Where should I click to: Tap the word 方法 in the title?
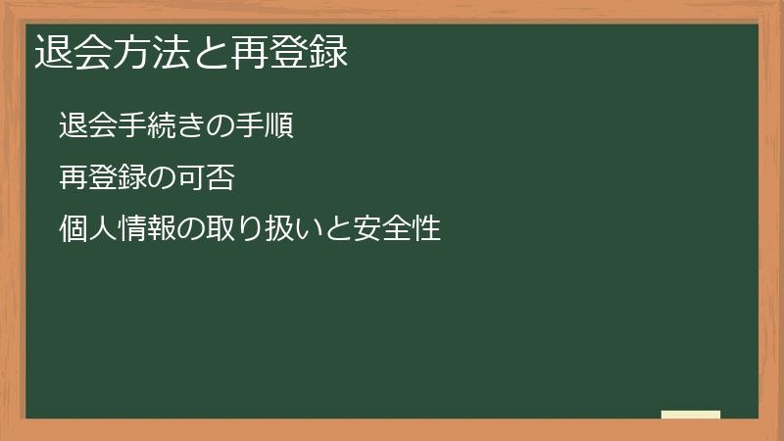pos(152,52)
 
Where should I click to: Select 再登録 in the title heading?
pos(291,52)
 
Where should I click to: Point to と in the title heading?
pos(212,52)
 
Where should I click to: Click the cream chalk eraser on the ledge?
pos(691,415)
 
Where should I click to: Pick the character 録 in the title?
pos(330,52)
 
